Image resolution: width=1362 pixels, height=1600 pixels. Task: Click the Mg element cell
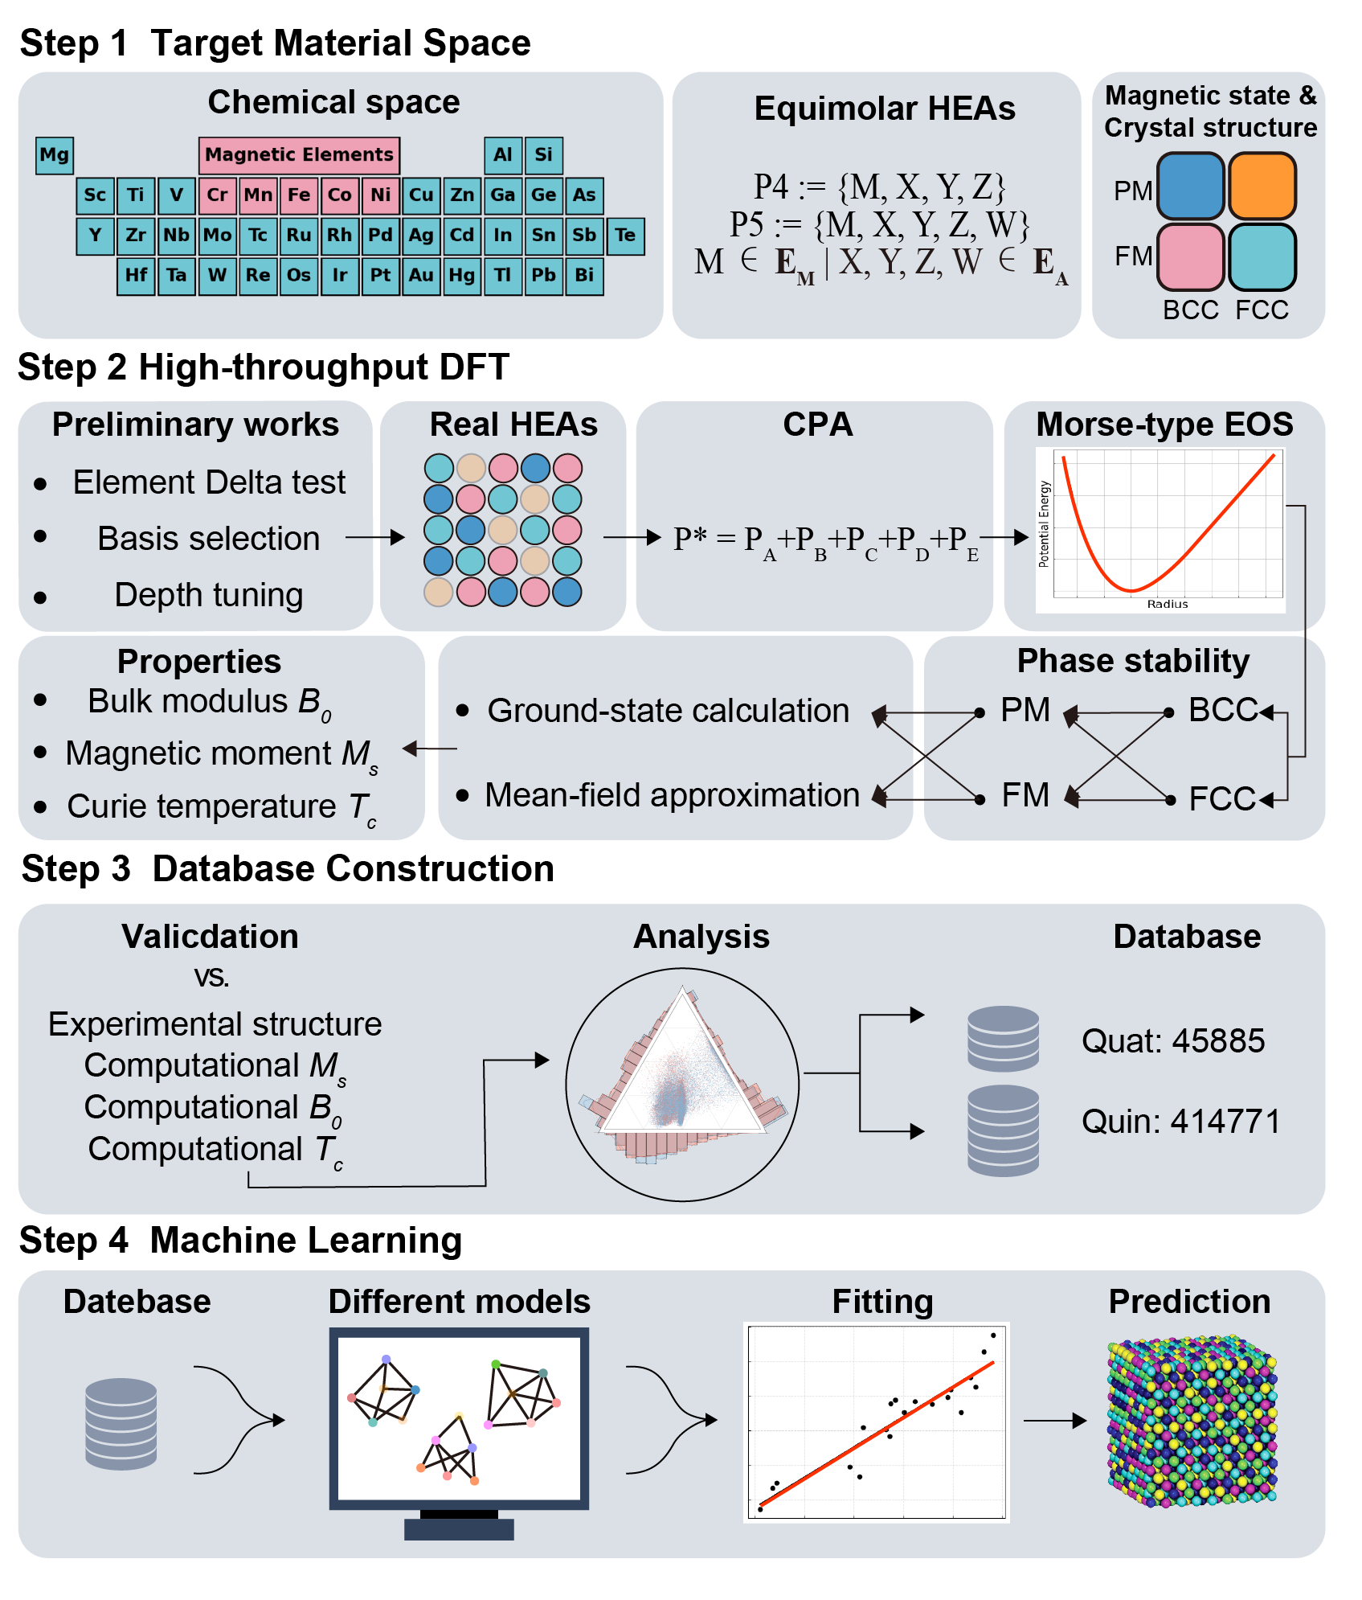tap(55, 155)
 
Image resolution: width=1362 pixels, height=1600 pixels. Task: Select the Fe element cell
tap(299, 195)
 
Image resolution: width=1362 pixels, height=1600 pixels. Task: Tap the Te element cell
tap(625, 236)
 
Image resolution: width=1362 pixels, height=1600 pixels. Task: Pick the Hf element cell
tap(136, 276)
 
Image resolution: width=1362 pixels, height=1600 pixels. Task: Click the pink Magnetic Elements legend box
tap(299, 155)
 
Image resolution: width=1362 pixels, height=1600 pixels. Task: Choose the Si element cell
tap(543, 155)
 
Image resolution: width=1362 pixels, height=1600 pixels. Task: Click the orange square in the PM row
tap(1262, 187)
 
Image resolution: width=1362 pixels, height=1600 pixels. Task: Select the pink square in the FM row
tap(1190, 257)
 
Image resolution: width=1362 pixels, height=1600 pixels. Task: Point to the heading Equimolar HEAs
tap(884, 109)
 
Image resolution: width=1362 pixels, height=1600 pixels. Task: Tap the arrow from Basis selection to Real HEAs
tap(374, 537)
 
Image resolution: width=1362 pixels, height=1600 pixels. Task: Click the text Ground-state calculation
tap(668, 711)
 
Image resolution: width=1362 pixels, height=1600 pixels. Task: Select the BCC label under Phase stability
tap(1222, 710)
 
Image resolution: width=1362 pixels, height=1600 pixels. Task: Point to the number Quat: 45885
tap(1172, 1041)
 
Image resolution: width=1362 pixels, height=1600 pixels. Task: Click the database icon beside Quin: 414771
tap(1003, 1130)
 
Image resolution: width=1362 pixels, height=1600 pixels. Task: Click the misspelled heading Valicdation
tap(210, 937)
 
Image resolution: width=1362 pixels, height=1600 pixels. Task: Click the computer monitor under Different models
tap(459, 1419)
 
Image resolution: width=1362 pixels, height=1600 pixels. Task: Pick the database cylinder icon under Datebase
tap(121, 1423)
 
